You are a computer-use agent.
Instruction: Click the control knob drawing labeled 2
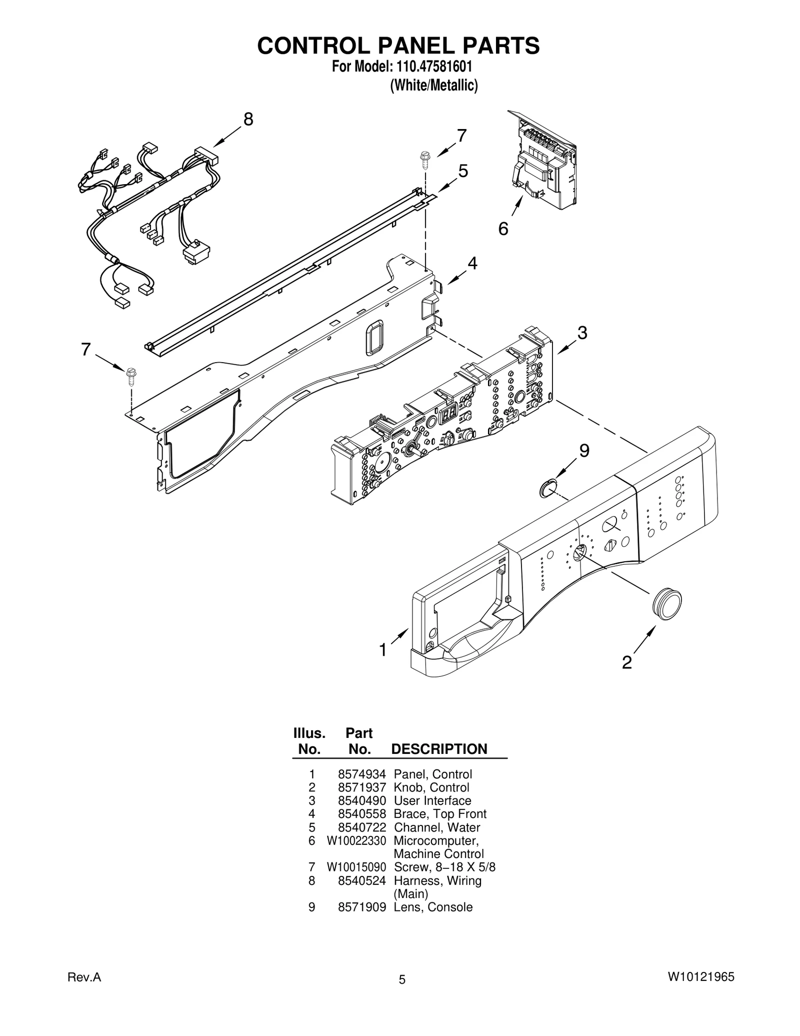coord(666,605)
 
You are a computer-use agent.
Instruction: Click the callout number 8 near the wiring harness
coord(248,120)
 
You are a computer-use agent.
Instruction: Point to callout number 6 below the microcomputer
coord(503,229)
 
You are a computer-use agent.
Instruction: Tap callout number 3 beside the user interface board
coord(582,333)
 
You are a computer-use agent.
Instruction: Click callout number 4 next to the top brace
coord(472,263)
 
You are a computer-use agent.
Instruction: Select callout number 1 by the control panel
coord(382,650)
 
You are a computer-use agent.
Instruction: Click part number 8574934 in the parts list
coord(362,774)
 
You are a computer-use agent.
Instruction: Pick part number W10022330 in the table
coord(356,840)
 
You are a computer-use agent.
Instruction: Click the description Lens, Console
coord(433,907)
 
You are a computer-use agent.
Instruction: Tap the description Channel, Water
coord(437,827)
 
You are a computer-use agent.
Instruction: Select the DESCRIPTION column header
coord(439,749)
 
